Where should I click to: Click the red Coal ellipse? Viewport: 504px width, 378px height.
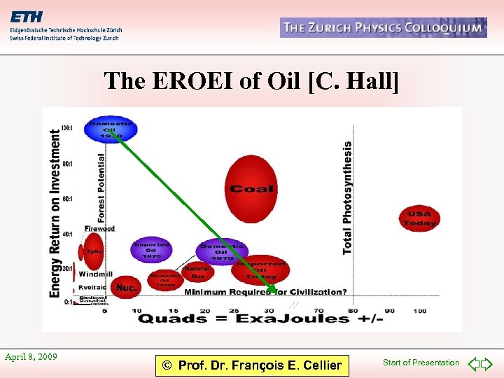pos(252,188)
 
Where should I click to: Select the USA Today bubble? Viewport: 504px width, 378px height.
pos(419,218)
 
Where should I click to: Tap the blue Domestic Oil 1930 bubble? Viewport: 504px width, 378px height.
pos(111,129)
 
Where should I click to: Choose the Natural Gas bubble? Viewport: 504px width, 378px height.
pos(197,272)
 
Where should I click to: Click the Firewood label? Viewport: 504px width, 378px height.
pos(99,228)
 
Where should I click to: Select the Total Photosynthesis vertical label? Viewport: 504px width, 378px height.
pos(347,198)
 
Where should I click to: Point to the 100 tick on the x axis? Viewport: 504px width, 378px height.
pos(419,310)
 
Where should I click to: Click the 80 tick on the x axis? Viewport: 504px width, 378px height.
pos(353,310)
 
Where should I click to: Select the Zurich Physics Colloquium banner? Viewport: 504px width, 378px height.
pos(383,28)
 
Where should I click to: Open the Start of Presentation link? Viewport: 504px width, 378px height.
pos(421,363)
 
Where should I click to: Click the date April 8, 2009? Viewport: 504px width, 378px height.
pos(31,357)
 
